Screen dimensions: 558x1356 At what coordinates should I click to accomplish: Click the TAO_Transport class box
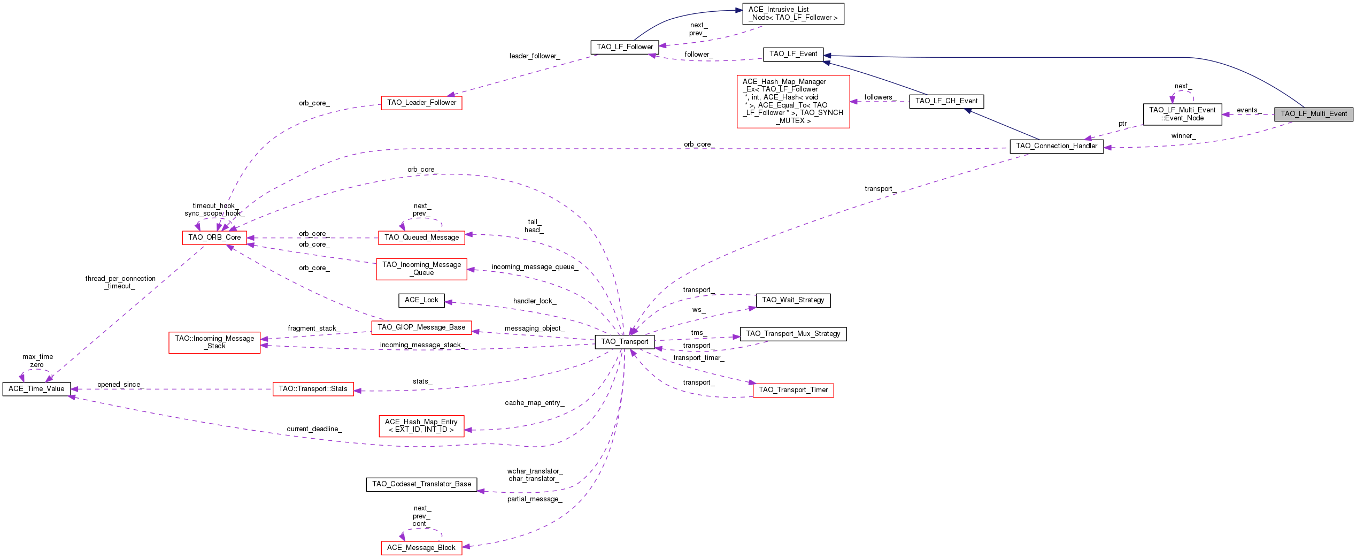[625, 341]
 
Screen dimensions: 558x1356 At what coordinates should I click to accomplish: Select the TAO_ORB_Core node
[214, 238]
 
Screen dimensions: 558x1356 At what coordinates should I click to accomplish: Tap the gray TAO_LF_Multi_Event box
[1313, 114]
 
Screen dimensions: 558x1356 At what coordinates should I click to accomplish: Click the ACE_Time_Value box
[36, 389]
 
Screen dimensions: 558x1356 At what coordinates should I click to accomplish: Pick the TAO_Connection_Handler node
[1056, 146]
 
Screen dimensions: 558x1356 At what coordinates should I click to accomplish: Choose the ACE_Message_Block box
[421, 548]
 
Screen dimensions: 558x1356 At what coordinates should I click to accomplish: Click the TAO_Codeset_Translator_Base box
[421, 484]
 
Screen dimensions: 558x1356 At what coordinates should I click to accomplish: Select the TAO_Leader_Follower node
[421, 103]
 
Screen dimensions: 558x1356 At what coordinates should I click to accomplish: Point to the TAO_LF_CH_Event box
[946, 101]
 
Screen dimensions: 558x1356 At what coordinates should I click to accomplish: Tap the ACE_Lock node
[421, 300]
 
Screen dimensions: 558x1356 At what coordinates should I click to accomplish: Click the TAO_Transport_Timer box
[793, 390]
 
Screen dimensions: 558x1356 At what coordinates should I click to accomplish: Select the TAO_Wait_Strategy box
[793, 300]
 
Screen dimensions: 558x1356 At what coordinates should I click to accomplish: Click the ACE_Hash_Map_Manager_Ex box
[793, 101]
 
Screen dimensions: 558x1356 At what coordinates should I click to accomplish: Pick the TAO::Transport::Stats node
[313, 389]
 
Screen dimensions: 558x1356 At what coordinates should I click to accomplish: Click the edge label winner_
[1183, 136]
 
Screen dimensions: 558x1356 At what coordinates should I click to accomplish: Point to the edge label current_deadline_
[314, 429]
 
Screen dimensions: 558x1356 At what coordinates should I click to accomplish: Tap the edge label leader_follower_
[535, 56]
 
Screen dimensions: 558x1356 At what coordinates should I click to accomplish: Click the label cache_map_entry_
[534, 403]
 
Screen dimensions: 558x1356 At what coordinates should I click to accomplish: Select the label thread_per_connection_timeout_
[120, 282]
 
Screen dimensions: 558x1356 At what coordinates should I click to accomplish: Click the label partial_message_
[535, 499]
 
